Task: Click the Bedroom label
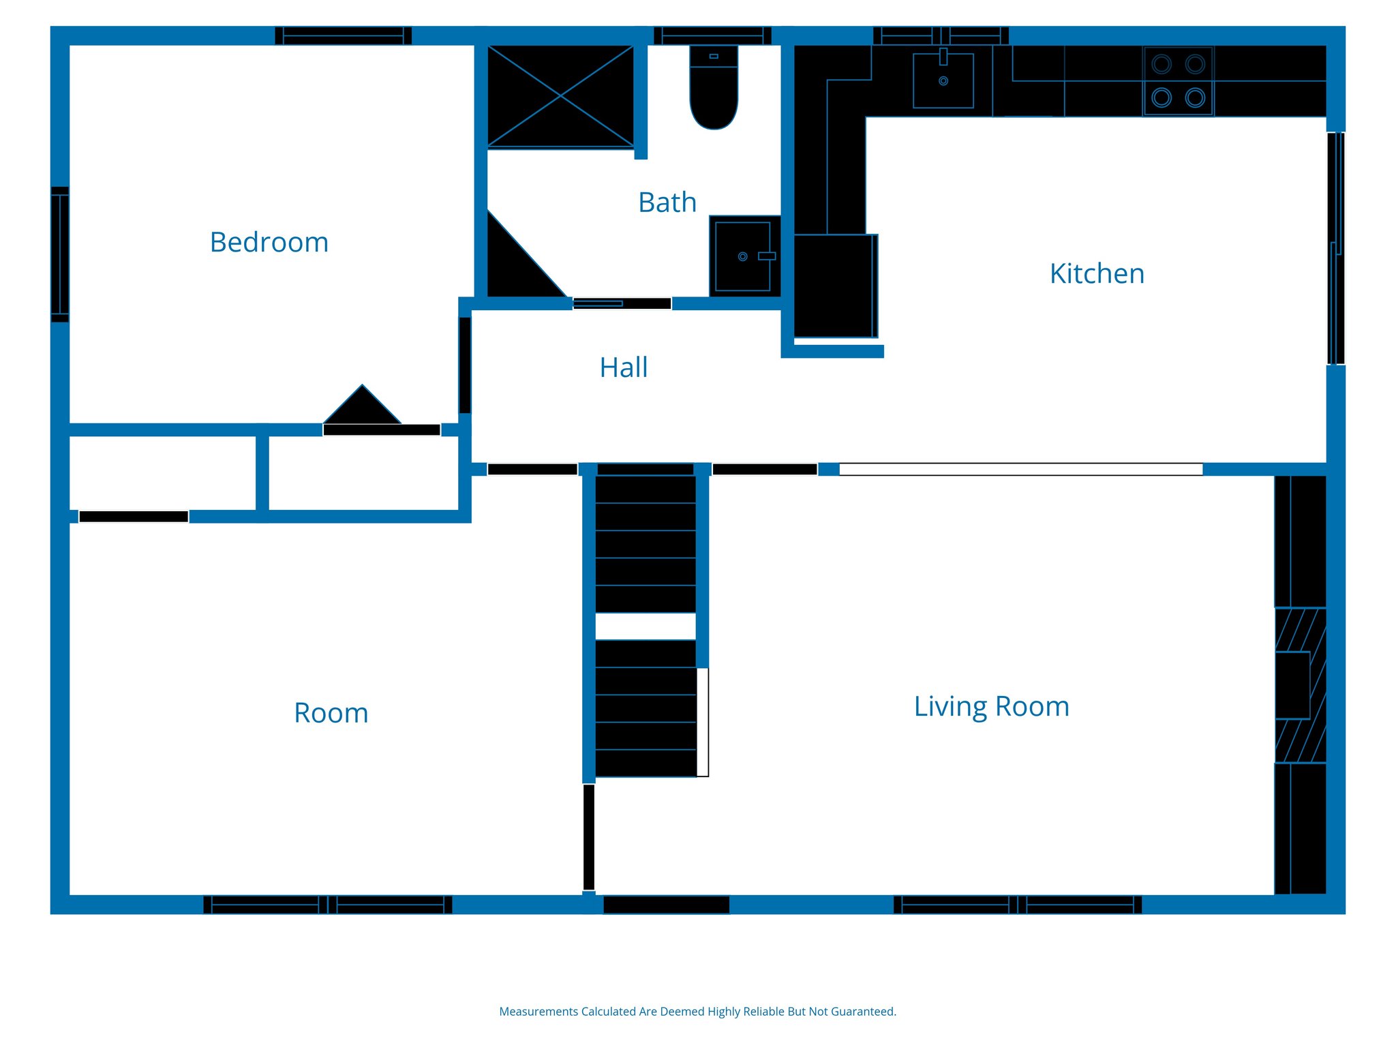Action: pos(269,243)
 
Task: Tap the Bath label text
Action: pos(667,202)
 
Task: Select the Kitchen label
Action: pos(1096,274)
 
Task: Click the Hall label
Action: pos(623,368)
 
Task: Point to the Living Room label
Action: pos(991,707)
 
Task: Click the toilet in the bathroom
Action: pos(713,89)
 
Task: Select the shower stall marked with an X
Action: pos(560,96)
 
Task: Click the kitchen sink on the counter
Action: pos(943,80)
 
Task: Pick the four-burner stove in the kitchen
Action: pos(1178,81)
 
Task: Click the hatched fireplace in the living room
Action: pos(1300,685)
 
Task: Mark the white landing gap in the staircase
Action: pos(645,626)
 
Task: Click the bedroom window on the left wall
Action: pos(60,254)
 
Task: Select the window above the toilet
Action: pos(712,35)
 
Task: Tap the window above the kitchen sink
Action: pos(941,35)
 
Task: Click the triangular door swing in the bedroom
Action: pos(363,408)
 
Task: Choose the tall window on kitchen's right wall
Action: pos(1335,248)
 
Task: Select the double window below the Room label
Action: pos(327,905)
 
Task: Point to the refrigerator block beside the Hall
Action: pos(834,286)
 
